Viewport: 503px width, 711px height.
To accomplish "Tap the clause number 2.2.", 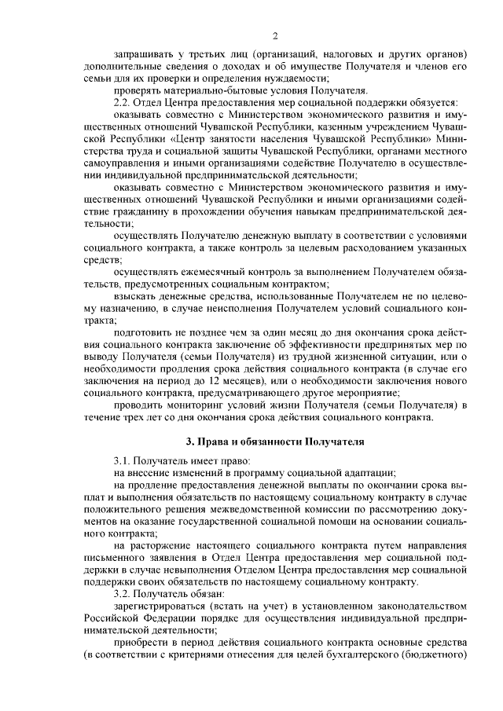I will click(123, 103).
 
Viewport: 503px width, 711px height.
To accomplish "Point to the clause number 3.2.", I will click(123, 594).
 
